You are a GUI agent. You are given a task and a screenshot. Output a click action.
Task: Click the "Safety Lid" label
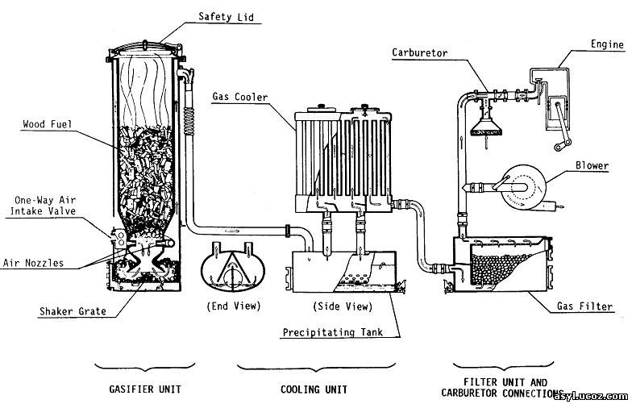pyautogui.click(x=226, y=16)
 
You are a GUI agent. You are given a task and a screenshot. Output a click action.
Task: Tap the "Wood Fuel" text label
pyautogui.click(x=47, y=124)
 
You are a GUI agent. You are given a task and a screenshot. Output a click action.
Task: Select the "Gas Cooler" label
pyautogui.click(x=240, y=97)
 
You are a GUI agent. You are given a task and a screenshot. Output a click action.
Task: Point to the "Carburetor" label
pyautogui.click(x=419, y=53)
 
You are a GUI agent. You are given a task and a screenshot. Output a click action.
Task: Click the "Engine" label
pyautogui.click(x=607, y=44)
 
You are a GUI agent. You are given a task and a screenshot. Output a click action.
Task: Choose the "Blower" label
pyautogui.click(x=592, y=165)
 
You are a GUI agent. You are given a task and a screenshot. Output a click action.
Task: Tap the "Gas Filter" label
pyautogui.click(x=585, y=306)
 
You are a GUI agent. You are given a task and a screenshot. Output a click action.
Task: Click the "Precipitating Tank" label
pyautogui.click(x=332, y=332)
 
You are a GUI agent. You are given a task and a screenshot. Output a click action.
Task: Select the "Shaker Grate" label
pyautogui.click(x=73, y=311)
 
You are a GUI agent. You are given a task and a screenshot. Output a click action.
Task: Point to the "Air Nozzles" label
pyautogui.click(x=34, y=263)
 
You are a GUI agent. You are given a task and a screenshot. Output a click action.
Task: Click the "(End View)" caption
pyautogui.click(x=234, y=306)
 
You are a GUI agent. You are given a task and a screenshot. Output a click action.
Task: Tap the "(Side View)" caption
pyautogui.click(x=343, y=306)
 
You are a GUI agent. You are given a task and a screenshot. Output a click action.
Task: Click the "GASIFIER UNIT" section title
pyautogui.click(x=145, y=389)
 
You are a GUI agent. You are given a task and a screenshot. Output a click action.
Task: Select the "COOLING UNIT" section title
pyautogui.click(x=314, y=389)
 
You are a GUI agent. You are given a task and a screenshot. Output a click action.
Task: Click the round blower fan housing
pyautogui.click(x=524, y=187)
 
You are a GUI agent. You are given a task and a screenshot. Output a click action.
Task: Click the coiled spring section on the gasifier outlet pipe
pyautogui.click(x=189, y=121)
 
